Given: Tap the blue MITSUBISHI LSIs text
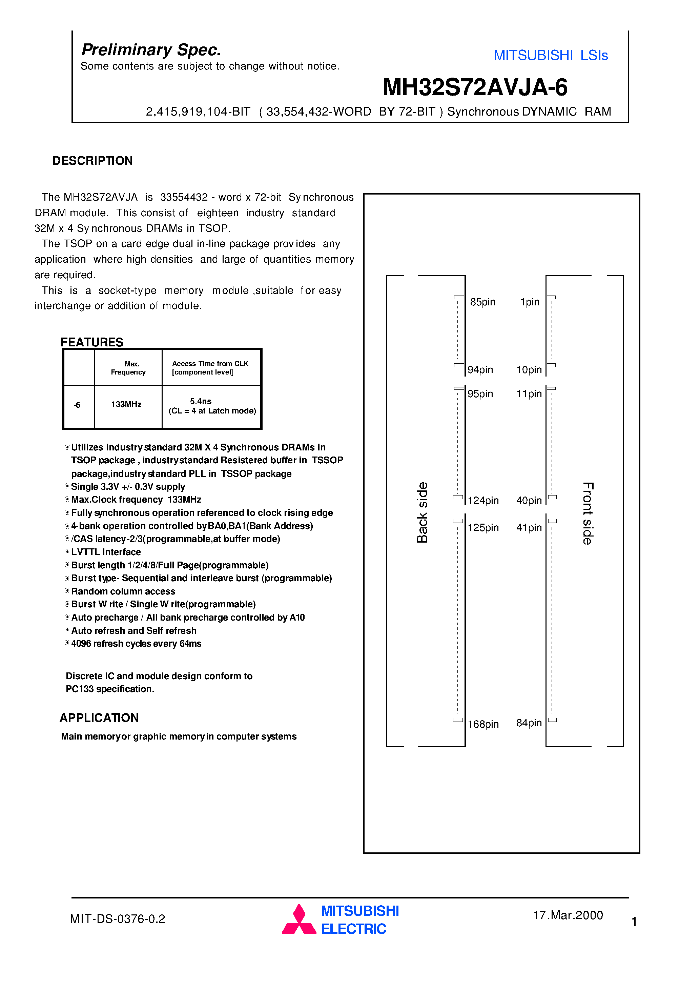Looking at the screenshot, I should pos(550,55).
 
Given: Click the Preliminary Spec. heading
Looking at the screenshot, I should pos(151,50).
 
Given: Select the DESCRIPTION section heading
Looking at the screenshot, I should pos(92,161).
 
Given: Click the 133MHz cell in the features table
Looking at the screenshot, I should pos(126,404).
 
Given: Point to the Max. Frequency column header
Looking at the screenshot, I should pos(128,368).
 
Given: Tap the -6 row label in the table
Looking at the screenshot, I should pos(77,405).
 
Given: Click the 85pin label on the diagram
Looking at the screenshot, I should pos(482,302).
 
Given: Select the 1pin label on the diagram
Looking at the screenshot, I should pos(530,302).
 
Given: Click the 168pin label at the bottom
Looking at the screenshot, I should pos(483,724).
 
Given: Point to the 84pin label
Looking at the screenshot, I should pos(529,723).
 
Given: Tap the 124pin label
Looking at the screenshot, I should pos(483,500).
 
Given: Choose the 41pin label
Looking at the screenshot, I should pos(529,527).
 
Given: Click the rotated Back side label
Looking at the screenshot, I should pos(422,512).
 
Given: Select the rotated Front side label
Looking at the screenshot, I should pos(588,513).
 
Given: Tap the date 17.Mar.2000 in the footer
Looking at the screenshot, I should pos(568,915).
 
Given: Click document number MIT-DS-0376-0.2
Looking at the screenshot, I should pos(117,919).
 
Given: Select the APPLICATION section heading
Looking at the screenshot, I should pos(99,718).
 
